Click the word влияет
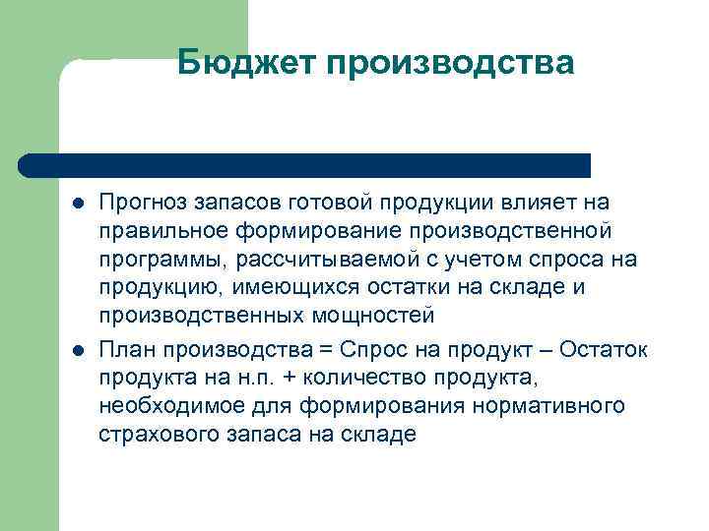tap(518, 202)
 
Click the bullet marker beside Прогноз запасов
tap(77, 203)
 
